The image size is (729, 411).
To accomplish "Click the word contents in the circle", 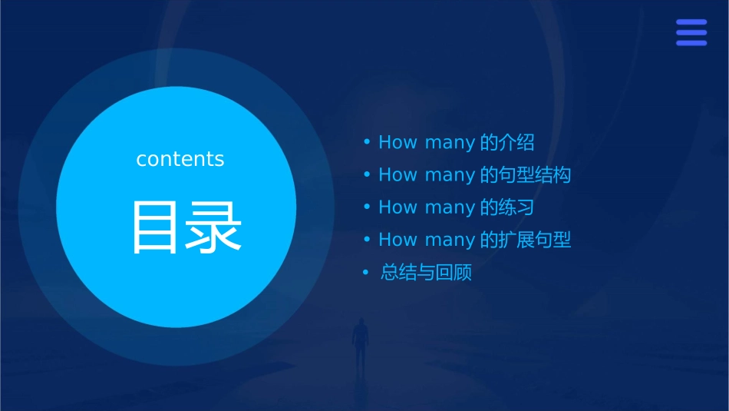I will tap(180, 159).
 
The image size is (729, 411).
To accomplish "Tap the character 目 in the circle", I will tap(155, 227).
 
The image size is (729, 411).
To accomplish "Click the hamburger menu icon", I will tap(691, 32).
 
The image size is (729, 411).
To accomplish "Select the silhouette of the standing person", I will tap(360, 343).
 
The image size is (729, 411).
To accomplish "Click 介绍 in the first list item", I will tap(516, 143).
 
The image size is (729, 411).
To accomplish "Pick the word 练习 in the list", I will tap(516, 207).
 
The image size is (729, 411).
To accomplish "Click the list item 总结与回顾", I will tap(426, 273).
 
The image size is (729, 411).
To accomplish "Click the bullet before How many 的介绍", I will tap(367, 143).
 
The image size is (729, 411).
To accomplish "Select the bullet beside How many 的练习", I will tap(367, 207).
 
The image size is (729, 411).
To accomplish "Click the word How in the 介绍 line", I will tap(397, 143).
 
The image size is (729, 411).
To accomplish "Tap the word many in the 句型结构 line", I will tap(450, 176).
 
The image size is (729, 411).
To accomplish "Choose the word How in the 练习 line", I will tap(397, 207).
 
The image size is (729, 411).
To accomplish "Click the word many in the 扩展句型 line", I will tap(450, 240).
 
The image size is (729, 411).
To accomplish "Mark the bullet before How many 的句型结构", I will tap(367, 175).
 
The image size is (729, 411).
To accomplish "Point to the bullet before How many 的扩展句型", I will tap(367, 240).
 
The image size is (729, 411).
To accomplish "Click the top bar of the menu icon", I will tap(691, 22).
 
